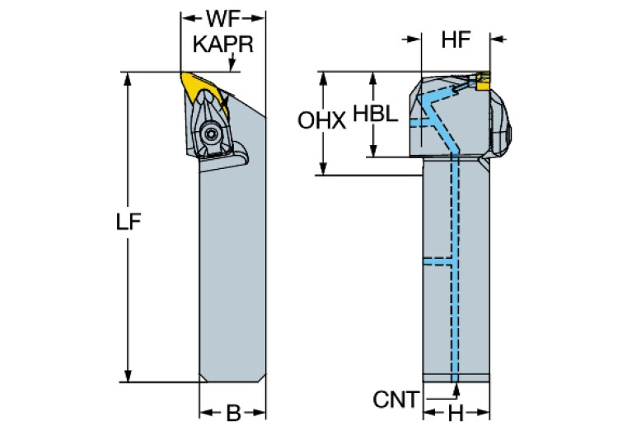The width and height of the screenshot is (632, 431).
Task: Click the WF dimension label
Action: pos(223,17)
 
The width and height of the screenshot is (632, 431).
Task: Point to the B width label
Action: pos(232,412)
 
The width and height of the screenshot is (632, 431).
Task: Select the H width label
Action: pos(456,412)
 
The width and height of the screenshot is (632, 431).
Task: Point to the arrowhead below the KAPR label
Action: pos(234,66)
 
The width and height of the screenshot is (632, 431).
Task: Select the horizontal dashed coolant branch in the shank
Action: pos(438,261)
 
